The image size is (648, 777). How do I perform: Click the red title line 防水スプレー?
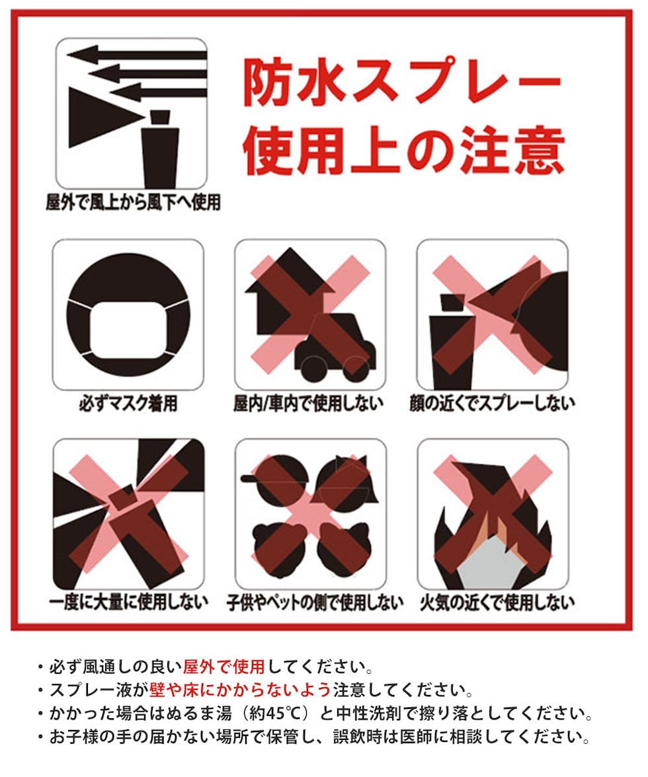(x=402, y=82)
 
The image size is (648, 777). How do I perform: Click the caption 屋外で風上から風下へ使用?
(x=133, y=202)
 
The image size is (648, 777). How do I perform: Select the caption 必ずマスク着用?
(x=128, y=403)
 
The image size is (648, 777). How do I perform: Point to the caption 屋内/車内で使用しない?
(x=308, y=403)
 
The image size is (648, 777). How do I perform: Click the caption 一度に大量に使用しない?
(x=128, y=602)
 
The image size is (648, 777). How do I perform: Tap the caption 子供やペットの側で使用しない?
(x=315, y=603)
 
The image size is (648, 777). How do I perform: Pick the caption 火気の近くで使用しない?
(x=497, y=602)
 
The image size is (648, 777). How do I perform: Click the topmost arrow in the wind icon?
(x=137, y=54)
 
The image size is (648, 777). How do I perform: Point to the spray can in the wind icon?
(x=159, y=149)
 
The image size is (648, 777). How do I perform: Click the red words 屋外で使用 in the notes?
(x=224, y=667)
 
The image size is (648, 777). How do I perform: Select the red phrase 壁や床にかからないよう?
(x=240, y=690)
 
